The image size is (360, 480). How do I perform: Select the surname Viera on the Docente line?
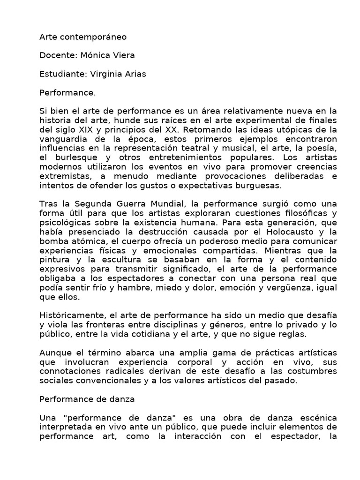click(x=122, y=55)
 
